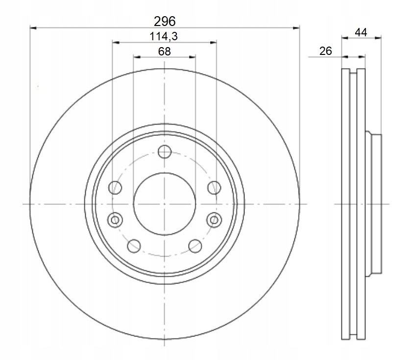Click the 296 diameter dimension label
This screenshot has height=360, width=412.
coord(165,21)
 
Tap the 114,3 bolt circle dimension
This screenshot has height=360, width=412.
coord(164,36)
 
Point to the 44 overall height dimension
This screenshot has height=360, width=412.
coord(362,32)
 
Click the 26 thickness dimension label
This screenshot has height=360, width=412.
coord(326,51)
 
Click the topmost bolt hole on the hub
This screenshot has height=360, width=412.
coord(165,152)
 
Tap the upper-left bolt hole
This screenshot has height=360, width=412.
coord(115,187)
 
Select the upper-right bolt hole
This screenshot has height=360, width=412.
coord(214,187)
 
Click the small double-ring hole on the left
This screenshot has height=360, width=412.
coord(115,220)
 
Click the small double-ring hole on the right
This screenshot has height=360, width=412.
coord(214,220)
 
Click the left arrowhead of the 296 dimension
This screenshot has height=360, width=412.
coord(33,28)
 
